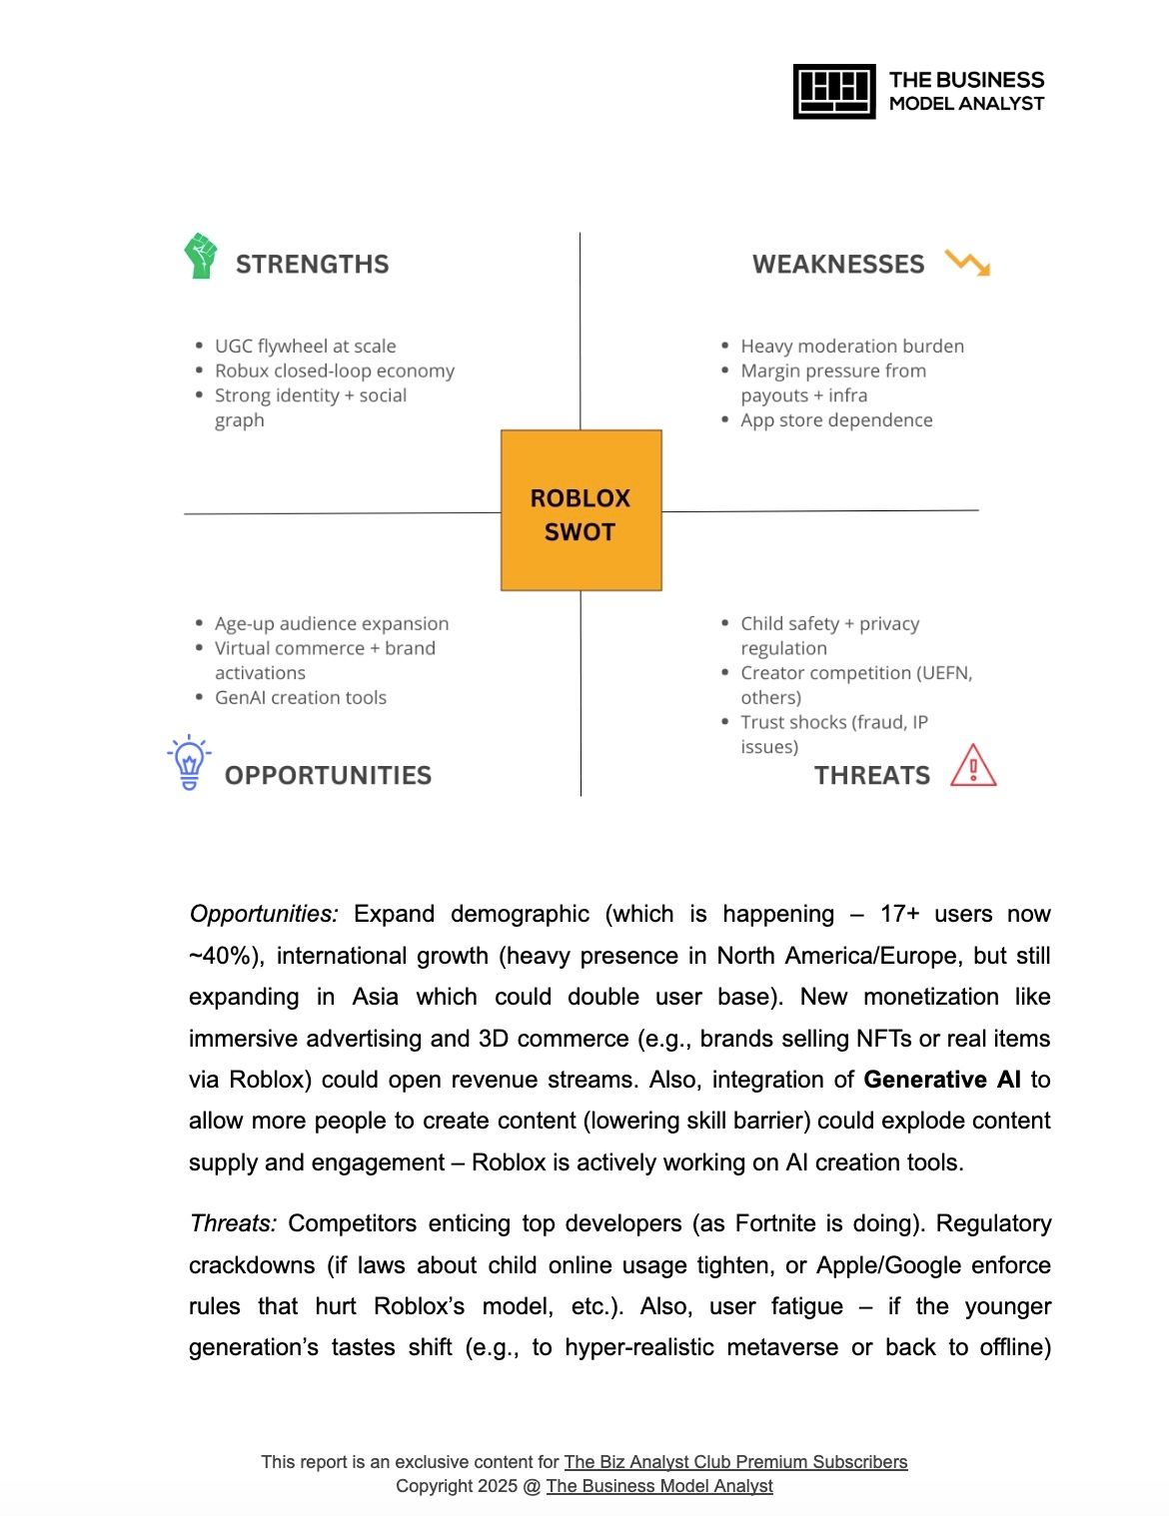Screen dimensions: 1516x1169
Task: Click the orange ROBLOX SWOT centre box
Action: tap(581, 510)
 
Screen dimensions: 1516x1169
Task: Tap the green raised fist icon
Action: tap(201, 257)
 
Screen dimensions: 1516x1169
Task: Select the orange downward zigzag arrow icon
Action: tap(967, 264)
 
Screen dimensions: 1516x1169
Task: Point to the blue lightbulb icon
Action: tap(189, 763)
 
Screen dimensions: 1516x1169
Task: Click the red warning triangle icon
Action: tap(973, 766)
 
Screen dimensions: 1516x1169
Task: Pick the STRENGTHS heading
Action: tap(312, 265)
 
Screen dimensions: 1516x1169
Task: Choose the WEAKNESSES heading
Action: tap(838, 265)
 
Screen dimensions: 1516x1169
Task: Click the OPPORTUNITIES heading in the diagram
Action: tap(328, 776)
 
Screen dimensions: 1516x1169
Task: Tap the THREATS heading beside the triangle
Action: tap(871, 776)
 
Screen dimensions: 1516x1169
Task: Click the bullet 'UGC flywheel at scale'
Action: tap(305, 347)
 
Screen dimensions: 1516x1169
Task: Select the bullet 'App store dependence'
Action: tap(836, 420)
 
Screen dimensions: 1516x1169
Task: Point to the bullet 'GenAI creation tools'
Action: tap(300, 698)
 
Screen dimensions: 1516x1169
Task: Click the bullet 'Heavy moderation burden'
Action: tap(852, 347)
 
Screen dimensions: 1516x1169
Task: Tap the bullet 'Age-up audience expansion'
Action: tap(332, 624)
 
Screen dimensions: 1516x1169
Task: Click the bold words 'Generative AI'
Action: tap(942, 1080)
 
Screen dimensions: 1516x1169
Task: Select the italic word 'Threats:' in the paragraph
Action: tap(233, 1223)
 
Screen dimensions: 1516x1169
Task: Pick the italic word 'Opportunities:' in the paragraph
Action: tap(264, 914)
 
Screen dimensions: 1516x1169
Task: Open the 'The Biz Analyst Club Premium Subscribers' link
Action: tap(735, 1462)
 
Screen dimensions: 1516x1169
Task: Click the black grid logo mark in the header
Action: tap(834, 92)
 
